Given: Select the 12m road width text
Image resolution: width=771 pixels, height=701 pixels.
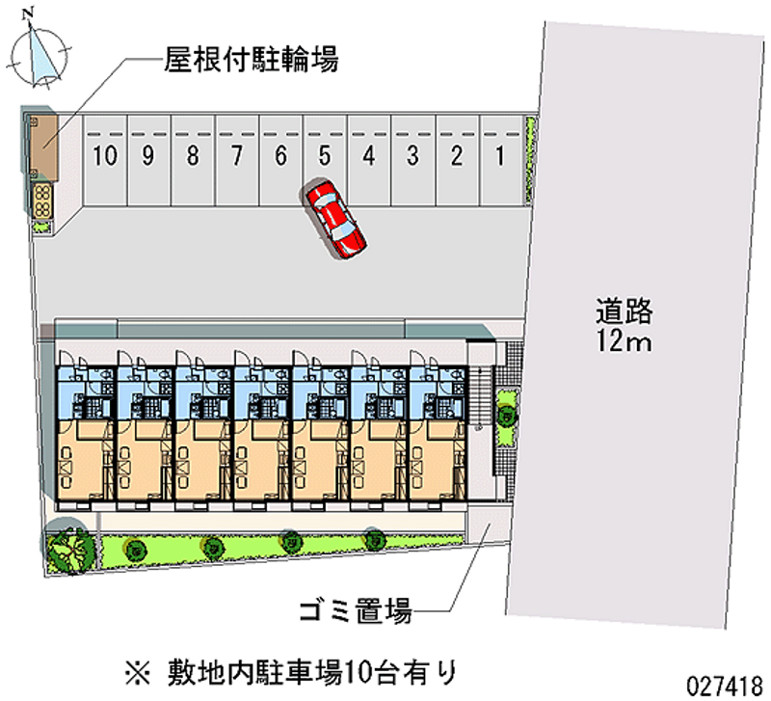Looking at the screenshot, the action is (624, 339).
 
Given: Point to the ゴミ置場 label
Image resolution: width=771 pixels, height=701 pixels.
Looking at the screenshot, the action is (355, 609).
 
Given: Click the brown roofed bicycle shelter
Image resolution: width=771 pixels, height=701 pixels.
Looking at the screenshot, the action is (43, 146).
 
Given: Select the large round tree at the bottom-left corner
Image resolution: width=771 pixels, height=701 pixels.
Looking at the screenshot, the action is (69, 549).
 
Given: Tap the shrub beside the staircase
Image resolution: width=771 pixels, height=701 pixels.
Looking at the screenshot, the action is (505, 416).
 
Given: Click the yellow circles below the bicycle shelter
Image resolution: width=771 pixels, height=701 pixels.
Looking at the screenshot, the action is (42, 201).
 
